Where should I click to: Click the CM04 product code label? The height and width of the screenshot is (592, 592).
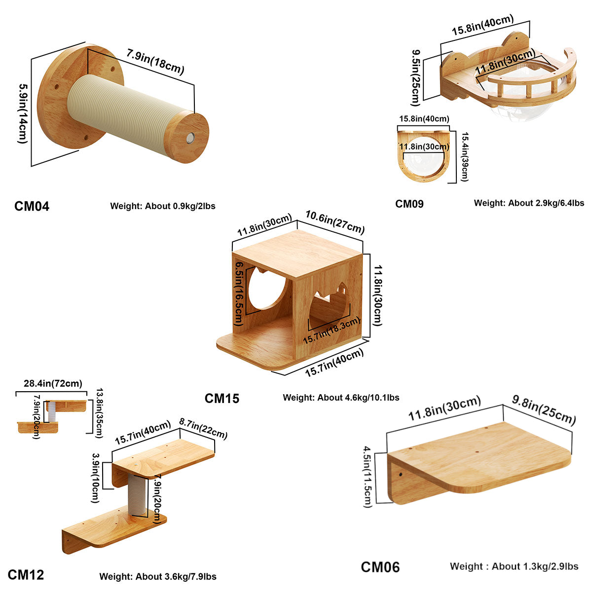pos(32,206)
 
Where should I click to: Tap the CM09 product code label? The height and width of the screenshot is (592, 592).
pos(409,203)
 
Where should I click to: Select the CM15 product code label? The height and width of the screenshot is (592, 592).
pos(222,398)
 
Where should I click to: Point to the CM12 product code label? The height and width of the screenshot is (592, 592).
pos(26,575)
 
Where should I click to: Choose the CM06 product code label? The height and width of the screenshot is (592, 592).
pos(380,567)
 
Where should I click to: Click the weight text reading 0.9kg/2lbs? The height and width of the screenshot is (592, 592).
pos(163,206)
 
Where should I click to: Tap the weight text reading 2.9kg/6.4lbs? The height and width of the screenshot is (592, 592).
pos(529,203)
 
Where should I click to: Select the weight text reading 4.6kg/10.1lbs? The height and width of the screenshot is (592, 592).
pos(341,398)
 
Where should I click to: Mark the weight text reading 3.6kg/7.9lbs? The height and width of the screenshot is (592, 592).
pos(158,576)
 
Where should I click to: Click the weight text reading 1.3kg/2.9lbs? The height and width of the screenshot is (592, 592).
pos(514,566)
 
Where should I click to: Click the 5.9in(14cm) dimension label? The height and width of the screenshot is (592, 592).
pos(23,113)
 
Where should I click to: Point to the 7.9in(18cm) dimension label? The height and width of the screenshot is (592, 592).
pos(154,61)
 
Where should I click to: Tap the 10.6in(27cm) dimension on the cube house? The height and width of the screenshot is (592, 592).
pos(335,222)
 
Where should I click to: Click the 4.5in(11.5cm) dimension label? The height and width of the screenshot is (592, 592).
pos(368,477)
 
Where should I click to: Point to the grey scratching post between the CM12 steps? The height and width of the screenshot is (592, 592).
pos(137,494)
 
